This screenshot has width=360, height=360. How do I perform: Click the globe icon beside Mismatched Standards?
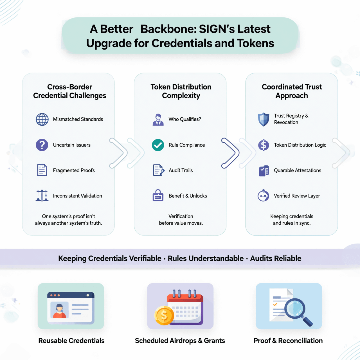[42, 119]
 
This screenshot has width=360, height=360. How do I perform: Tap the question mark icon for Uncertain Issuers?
[42, 145]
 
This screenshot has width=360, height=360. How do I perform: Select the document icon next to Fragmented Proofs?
[42, 170]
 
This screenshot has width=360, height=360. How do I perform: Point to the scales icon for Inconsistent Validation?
[42, 196]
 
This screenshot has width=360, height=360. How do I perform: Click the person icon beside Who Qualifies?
[158, 120]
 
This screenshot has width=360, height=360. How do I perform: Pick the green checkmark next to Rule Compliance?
[158, 145]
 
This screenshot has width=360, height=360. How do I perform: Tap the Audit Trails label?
[181, 170]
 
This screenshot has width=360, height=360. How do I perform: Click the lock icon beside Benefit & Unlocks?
[158, 195]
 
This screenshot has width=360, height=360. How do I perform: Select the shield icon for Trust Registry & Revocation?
[264, 119]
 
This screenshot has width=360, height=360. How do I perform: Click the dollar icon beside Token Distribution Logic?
[264, 145]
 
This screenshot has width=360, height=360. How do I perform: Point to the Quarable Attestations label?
[297, 170]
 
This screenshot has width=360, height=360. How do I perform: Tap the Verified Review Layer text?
[297, 196]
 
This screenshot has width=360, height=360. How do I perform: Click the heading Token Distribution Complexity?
[181, 91]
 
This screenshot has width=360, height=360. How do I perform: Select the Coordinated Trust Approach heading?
[292, 91]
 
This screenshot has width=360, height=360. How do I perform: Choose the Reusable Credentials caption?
[71, 341]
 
